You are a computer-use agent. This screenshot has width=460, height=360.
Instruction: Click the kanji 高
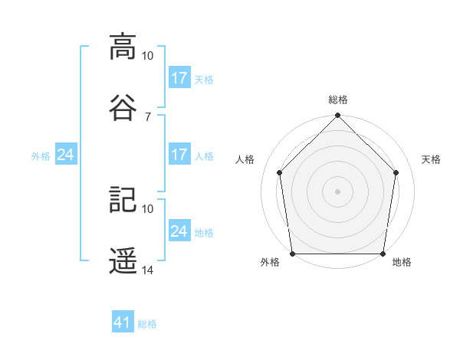point(123,47)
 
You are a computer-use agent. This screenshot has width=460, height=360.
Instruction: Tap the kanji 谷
point(123,107)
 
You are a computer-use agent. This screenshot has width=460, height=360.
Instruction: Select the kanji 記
point(123,199)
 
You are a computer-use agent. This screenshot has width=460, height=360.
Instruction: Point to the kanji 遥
point(123,260)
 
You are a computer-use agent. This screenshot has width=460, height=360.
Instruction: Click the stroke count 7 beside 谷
point(148,117)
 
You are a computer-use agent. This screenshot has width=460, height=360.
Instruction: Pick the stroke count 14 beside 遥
point(147,270)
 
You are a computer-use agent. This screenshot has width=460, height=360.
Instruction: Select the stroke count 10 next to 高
point(147,56)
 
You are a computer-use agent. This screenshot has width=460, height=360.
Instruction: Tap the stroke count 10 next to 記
point(147,209)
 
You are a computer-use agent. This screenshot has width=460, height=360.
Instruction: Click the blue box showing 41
point(123,321)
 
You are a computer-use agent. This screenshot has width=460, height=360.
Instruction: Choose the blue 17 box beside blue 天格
point(179,77)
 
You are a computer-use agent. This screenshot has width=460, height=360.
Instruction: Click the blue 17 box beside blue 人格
point(179,154)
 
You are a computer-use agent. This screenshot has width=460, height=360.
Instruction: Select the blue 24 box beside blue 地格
point(179,230)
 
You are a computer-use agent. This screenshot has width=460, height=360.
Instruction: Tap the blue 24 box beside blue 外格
point(66,154)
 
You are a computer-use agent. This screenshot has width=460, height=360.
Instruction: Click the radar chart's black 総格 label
point(338,100)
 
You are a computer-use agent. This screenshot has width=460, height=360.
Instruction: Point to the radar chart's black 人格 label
point(245,159)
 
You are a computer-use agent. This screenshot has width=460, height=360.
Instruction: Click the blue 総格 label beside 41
point(147,324)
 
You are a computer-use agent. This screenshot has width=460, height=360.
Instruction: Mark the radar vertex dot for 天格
point(396,172)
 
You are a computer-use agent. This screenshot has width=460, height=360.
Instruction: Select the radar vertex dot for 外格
point(293,254)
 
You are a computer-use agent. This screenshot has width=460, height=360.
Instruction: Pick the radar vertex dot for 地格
point(383,254)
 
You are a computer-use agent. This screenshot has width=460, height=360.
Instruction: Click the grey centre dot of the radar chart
point(337,191)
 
